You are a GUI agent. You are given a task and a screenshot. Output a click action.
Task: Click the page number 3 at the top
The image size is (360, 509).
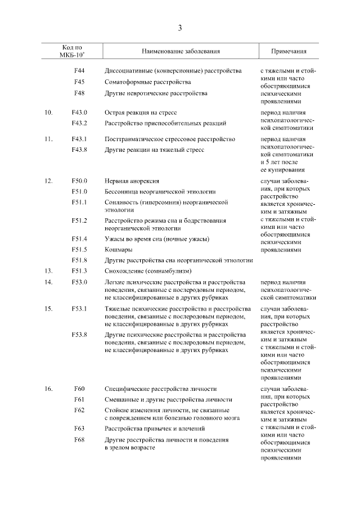tap(180, 28)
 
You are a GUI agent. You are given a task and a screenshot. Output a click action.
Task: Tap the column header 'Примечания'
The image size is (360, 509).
tap(289, 51)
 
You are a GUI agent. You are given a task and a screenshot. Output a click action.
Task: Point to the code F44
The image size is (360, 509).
tap(79, 71)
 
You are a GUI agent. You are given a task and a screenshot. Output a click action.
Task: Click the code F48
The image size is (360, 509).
tap(79, 93)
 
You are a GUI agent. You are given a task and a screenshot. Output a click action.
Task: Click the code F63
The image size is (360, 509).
tap(79, 429)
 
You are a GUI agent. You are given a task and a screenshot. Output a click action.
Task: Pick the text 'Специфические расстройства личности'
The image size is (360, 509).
tap(161, 389)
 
